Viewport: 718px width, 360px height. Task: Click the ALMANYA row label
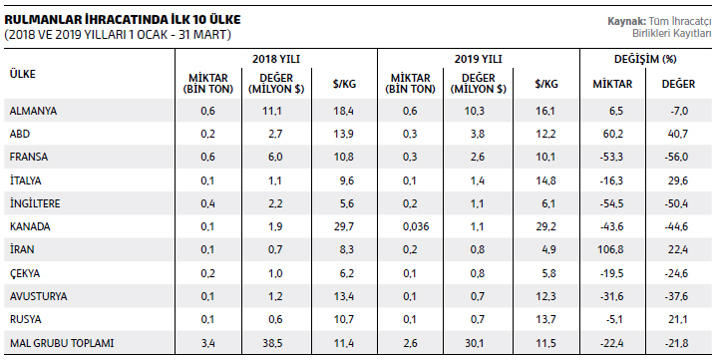pyautogui.click(x=34, y=111)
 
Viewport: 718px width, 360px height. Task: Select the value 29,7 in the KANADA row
pyautogui.click(x=343, y=226)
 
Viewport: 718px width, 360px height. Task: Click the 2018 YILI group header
pyautogui.click(x=275, y=59)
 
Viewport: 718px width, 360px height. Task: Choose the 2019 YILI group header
pyautogui.click(x=478, y=59)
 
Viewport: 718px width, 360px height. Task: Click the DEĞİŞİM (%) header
pyautogui.click(x=645, y=59)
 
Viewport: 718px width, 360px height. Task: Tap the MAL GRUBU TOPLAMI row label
pyautogui.click(x=62, y=343)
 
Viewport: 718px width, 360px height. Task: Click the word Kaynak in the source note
pyautogui.click(x=627, y=21)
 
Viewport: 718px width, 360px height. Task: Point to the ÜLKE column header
pyautogui.click(x=22, y=74)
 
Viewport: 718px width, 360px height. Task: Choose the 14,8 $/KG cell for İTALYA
pyautogui.click(x=545, y=180)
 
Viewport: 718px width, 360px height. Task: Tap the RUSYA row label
pyautogui.click(x=26, y=320)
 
